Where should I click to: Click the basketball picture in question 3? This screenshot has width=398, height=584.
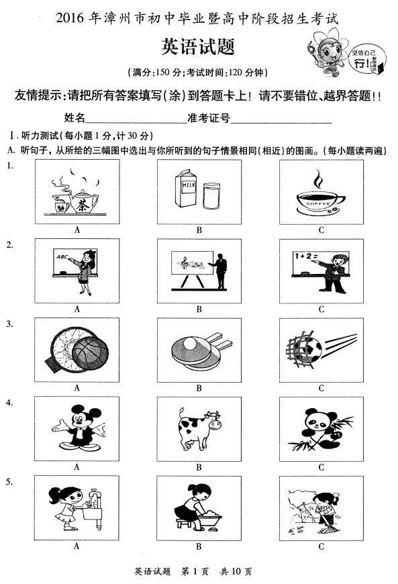pyautogui.click(x=77, y=350)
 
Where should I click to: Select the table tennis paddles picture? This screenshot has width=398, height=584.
pyautogui.click(x=199, y=350)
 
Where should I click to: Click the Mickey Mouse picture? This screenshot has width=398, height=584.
pyautogui.click(x=77, y=428)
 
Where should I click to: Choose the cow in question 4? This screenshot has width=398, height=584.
pyautogui.click(x=199, y=428)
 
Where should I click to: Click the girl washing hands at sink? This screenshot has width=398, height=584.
pyautogui.click(x=77, y=507)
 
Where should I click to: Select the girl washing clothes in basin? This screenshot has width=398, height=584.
pyautogui.click(x=199, y=507)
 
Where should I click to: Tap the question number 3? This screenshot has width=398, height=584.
pyautogui.click(x=9, y=324)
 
